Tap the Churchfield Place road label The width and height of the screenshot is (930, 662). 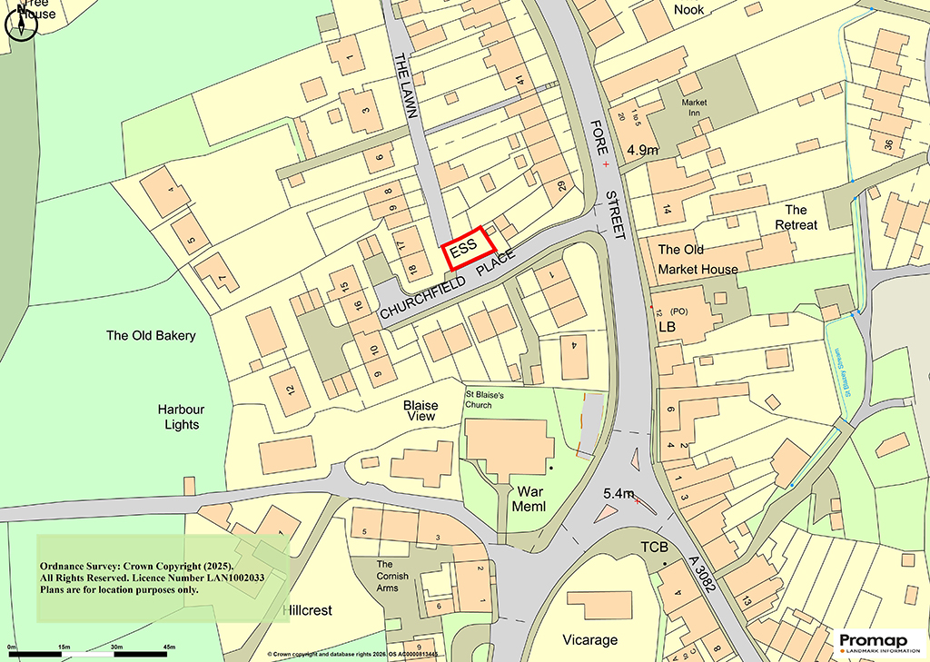click(447, 283)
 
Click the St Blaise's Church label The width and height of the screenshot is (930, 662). click(491, 399)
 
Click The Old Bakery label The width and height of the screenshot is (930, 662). click(151, 335)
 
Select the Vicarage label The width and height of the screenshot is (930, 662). click(589, 639)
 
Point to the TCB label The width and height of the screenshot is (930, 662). click(654, 547)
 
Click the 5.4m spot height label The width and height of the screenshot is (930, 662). click(618, 493)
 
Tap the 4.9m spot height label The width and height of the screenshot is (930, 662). click(642, 150)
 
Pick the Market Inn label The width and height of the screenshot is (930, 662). click(695, 107)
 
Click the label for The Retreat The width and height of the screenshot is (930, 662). click(795, 217)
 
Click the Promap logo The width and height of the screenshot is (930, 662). click(878, 642)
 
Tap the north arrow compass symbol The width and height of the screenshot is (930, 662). click(21, 22)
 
